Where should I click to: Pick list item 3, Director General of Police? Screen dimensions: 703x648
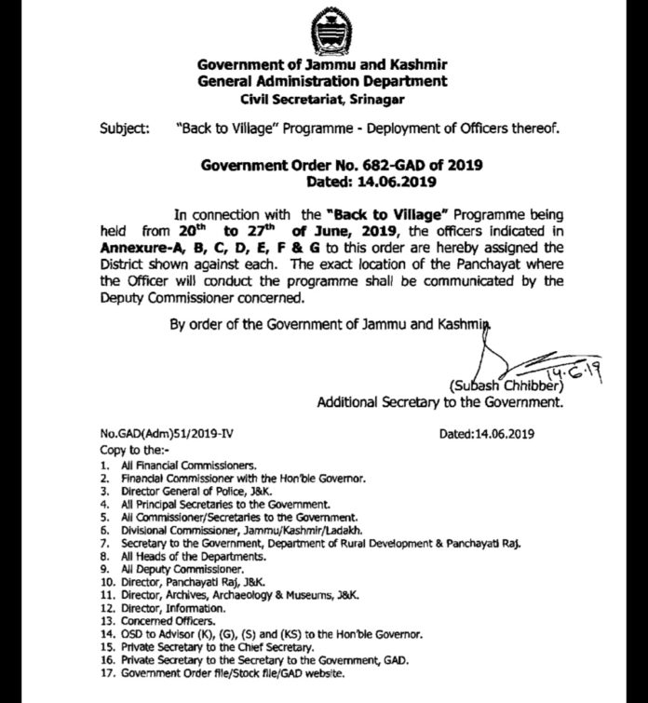pos(188,489)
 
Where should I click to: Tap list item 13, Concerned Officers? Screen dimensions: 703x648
pos(157,620)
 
